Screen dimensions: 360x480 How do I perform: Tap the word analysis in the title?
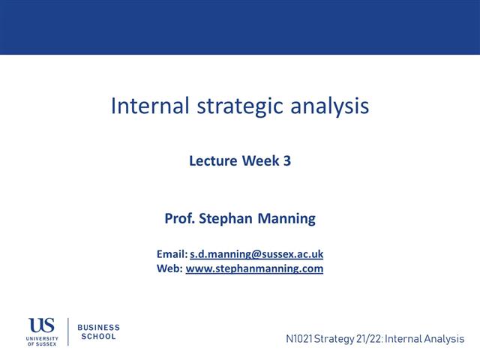(x=331, y=106)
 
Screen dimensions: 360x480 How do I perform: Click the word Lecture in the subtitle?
(x=213, y=160)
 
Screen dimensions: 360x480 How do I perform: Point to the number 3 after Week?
(x=286, y=160)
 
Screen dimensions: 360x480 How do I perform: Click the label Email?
(x=172, y=254)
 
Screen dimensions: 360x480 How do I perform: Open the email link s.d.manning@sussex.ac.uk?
(x=256, y=254)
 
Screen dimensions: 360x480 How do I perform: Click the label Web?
(x=169, y=268)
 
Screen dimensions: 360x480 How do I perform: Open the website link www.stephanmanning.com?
(x=254, y=268)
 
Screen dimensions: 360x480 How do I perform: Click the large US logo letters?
(x=42, y=325)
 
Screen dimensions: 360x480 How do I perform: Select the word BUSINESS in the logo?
(x=99, y=328)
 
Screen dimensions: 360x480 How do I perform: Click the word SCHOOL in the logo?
(x=98, y=337)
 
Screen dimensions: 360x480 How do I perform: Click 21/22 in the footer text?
(x=363, y=339)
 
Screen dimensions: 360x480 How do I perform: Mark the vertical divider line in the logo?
(x=68, y=332)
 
